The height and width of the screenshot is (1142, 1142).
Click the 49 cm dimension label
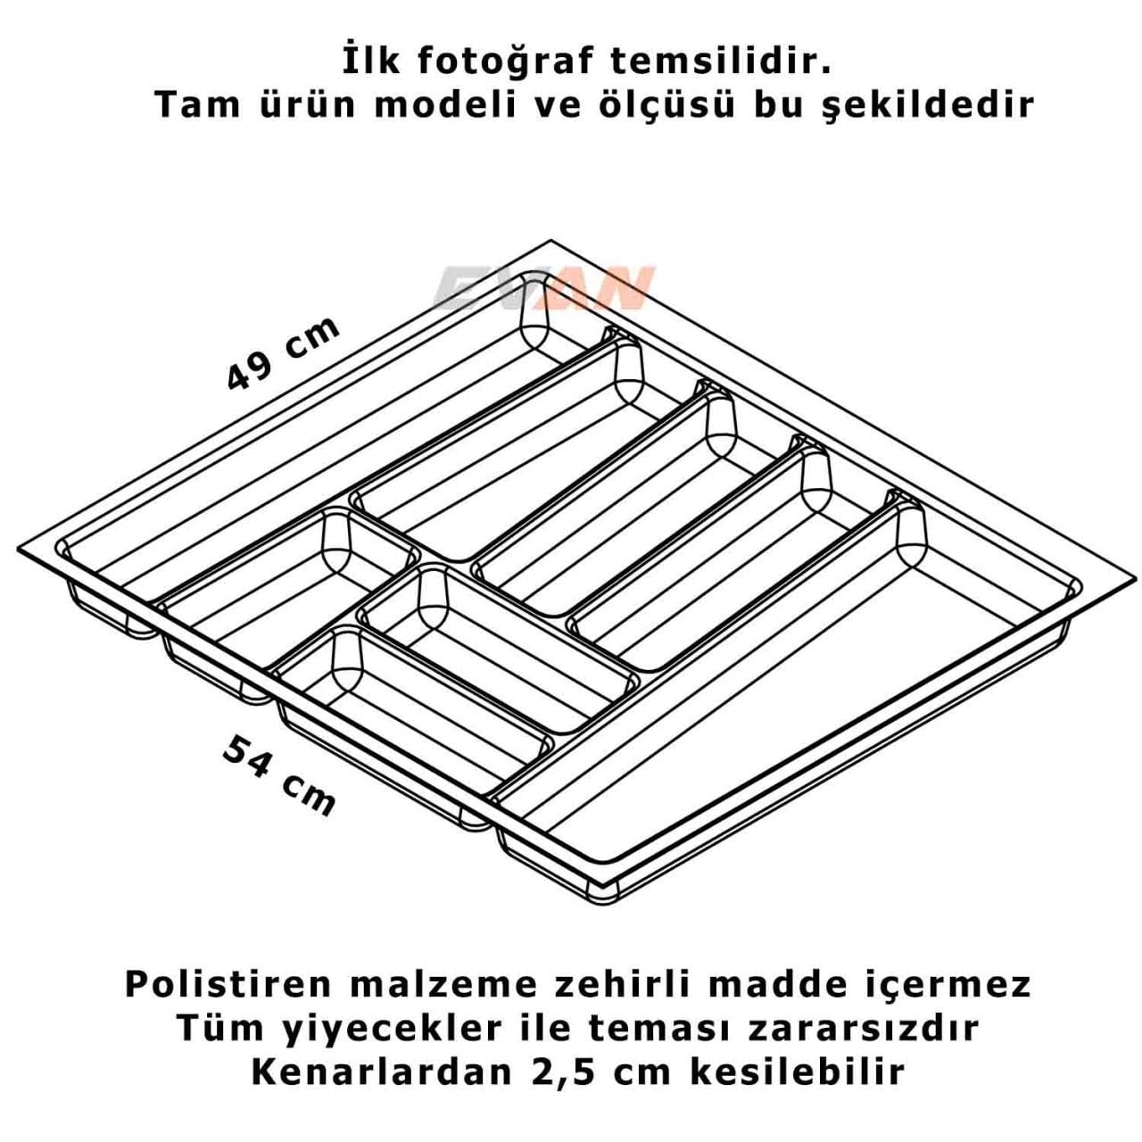tap(284, 354)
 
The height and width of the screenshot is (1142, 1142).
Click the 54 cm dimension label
tap(279, 775)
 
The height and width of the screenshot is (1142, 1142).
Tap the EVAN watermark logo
tap(543, 288)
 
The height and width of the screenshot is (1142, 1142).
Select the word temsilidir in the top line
tap(721, 62)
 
